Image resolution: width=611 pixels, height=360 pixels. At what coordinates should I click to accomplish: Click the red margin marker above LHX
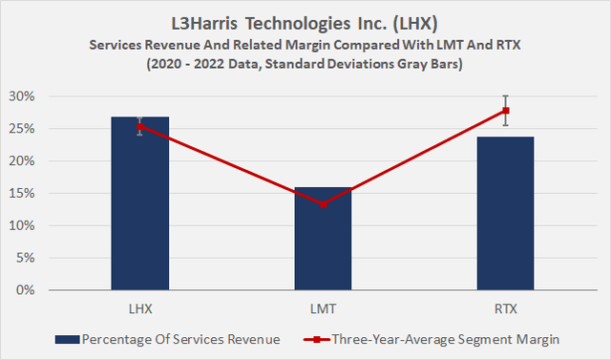click(139, 126)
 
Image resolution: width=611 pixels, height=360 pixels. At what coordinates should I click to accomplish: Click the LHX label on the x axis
click(139, 307)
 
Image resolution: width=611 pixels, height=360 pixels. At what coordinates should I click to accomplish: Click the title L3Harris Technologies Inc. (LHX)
click(305, 20)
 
